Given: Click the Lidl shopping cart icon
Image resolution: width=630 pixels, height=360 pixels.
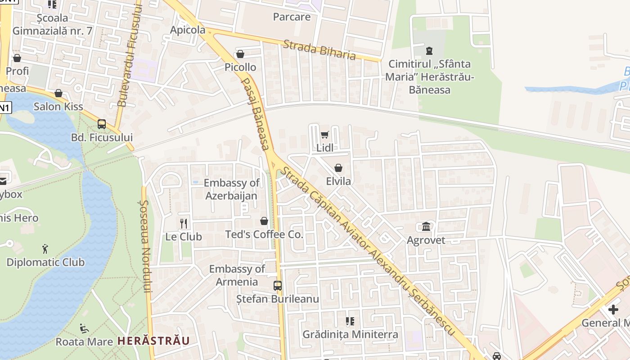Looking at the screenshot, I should [324, 135].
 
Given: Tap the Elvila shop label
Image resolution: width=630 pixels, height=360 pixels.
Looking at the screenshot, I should [338, 182].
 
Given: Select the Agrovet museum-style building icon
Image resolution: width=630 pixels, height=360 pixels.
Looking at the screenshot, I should [426, 226].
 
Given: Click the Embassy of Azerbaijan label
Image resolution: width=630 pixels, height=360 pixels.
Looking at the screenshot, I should [231, 189].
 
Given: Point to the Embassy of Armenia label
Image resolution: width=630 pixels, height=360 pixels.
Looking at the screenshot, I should [237, 275].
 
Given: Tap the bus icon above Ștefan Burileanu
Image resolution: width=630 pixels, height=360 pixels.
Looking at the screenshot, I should [278, 285].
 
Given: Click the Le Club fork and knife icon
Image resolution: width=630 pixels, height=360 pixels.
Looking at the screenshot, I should [184, 223].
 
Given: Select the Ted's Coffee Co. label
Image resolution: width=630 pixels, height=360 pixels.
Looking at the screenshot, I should [264, 234].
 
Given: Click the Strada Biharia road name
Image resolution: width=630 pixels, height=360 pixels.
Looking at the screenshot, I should [319, 49].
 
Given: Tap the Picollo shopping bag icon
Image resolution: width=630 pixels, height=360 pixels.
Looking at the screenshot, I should [240, 54].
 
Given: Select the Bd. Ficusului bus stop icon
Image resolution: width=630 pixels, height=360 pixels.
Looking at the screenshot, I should [102, 124].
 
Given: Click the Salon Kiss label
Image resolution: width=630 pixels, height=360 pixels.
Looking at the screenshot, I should [58, 107].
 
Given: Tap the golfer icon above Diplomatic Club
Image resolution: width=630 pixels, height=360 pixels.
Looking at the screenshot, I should [45, 248].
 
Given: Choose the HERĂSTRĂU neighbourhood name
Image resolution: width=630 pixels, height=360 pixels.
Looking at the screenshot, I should [153, 341].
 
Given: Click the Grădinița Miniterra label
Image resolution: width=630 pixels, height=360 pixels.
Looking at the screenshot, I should [350, 334].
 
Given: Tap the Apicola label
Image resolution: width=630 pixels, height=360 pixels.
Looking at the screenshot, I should [188, 30].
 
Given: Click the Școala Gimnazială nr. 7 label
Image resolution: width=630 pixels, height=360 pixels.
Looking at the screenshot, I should [53, 24].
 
